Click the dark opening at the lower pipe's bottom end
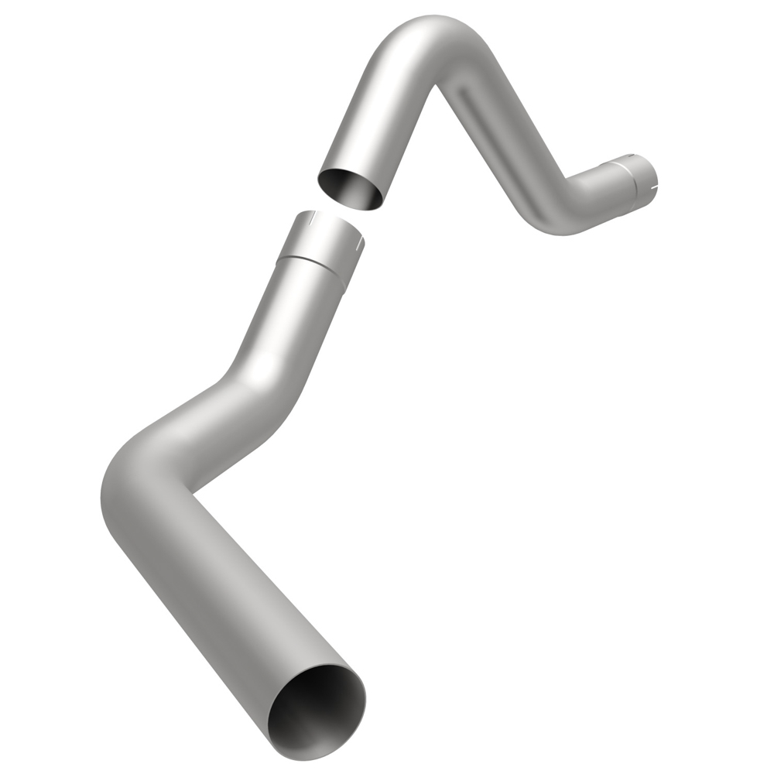point(317,711)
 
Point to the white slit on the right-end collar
point(655,187)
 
